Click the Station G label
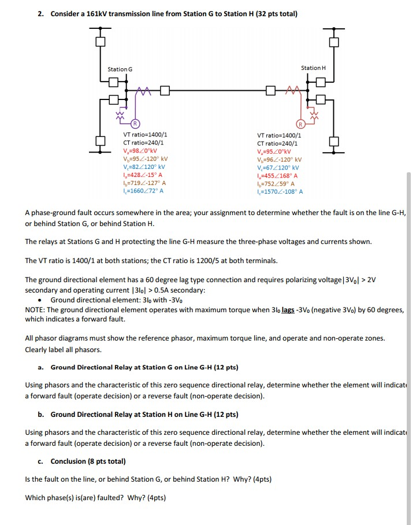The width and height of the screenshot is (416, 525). click(x=120, y=69)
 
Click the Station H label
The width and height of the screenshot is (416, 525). click(x=313, y=68)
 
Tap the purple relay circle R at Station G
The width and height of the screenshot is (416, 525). click(x=135, y=123)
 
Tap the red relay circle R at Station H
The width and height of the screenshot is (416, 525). click(x=300, y=124)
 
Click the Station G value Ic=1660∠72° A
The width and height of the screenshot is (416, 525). click(x=143, y=191)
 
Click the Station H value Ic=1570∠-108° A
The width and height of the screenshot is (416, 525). click(x=280, y=191)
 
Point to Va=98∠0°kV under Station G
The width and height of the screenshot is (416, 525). click(x=140, y=150)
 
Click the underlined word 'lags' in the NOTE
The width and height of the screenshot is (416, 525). click(x=288, y=310)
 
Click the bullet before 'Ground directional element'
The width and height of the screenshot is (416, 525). click(x=39, y=300)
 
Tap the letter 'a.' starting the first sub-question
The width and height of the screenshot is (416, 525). click(x=40, y=367)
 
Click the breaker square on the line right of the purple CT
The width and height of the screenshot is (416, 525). click(x=165, y=90)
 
